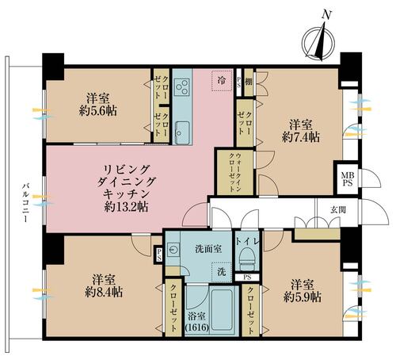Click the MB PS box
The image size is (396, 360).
347,179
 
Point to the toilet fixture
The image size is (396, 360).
247,257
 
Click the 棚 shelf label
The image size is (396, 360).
248,82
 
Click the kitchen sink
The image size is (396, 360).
181,132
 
